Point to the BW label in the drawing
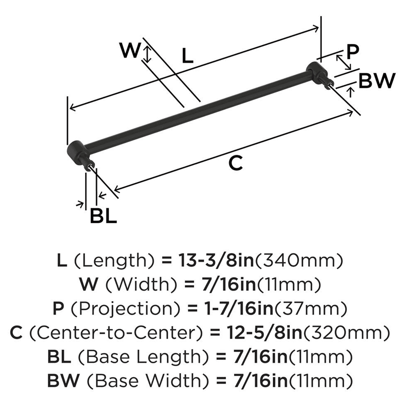point(377,81)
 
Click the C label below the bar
point(235,163)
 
